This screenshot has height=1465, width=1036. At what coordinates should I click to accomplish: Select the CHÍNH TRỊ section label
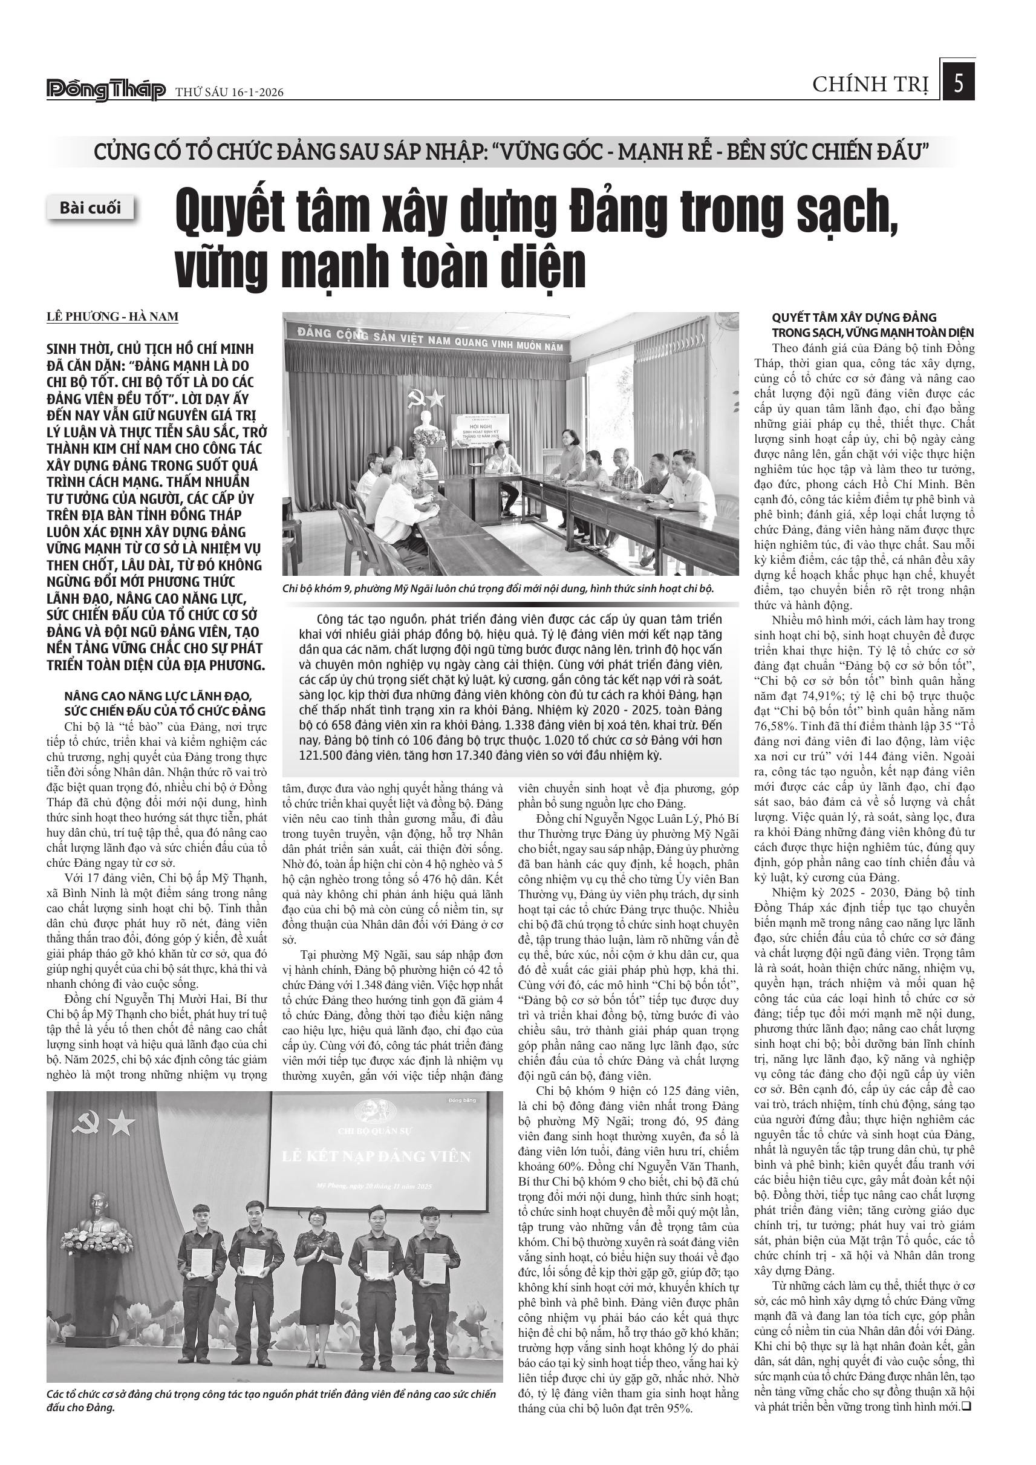point(870,85)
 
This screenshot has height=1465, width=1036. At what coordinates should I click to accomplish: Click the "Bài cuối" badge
point(91,208)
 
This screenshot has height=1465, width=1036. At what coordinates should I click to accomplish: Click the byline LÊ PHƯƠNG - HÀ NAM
point(112,316)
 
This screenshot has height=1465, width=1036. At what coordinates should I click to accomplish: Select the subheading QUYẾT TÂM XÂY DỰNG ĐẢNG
point(854,317)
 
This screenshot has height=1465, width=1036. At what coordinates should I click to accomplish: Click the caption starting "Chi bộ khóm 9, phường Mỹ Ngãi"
point(498,588)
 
